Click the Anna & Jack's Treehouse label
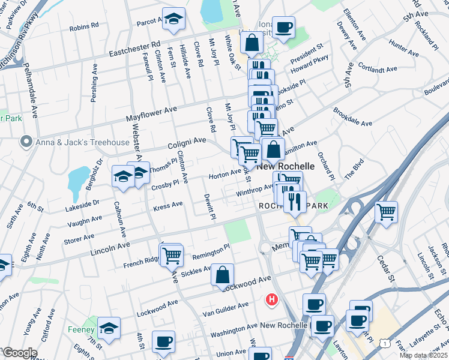pos(82,142)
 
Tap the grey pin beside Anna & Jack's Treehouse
pos(26,142)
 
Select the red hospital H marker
pos(273,299)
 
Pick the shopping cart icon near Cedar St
pos(386,212)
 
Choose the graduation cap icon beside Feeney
pos(109,328)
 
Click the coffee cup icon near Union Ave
pos(163,342)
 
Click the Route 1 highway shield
pos(383,342)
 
